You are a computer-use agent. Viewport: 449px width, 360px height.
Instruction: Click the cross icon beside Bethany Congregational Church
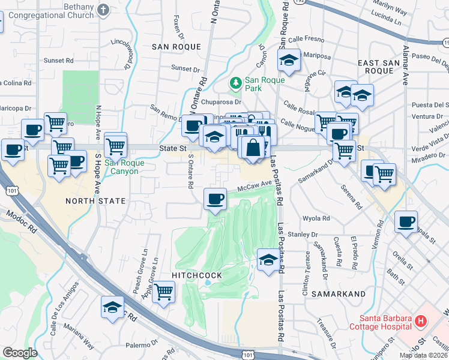point(103,10)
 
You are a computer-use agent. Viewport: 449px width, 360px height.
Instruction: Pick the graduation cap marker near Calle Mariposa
point(288,60)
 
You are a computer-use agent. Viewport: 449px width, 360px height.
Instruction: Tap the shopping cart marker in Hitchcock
point(163,292)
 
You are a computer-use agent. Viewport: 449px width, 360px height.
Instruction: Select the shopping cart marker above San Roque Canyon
point(115,145)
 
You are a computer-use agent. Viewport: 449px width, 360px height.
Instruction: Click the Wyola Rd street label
point(317,218)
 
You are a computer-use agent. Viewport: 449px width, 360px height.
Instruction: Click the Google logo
point(20,353)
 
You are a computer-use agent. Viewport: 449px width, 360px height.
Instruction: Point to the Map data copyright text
point(424,355)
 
